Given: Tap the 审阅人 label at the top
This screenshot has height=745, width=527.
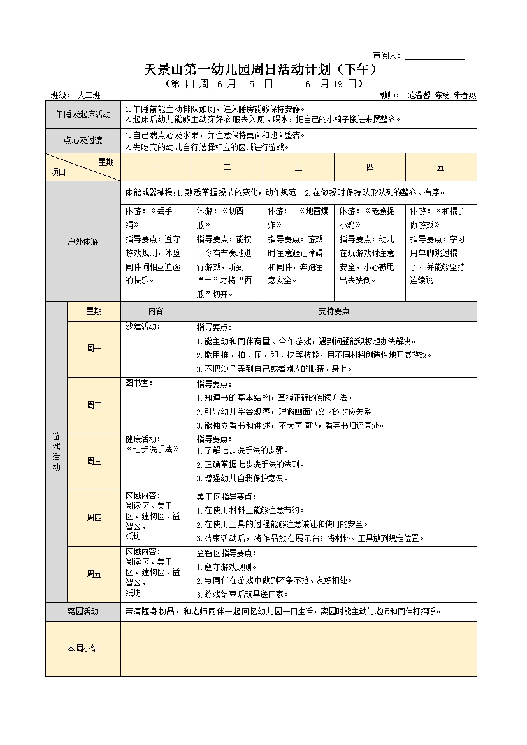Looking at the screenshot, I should (386, 55).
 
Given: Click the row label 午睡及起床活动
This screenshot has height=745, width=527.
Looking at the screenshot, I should (83, 115).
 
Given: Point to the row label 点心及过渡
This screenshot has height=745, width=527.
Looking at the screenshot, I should (83, 141).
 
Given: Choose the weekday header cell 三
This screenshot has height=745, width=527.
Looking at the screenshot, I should (298, 167).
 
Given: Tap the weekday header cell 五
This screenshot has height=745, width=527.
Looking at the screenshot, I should (440, 167).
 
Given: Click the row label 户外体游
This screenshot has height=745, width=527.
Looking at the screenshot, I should (83, 242).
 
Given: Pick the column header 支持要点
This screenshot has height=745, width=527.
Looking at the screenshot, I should (334, 311).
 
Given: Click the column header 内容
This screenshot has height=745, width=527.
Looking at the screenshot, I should (156, 311).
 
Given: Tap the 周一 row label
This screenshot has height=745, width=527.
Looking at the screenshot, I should (94, 348).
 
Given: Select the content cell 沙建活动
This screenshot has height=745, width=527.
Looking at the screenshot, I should (143, 327).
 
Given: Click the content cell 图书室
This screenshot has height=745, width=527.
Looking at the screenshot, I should (139, 383).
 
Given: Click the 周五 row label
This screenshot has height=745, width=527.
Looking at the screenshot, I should (94, 574).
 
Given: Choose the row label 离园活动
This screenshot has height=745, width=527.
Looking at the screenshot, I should (83, 611).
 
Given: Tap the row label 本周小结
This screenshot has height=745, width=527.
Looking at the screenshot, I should (83, 648).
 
